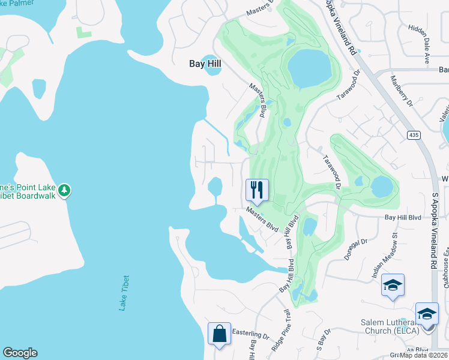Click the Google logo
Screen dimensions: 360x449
(20, 353)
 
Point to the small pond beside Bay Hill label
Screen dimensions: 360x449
(212, 65)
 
